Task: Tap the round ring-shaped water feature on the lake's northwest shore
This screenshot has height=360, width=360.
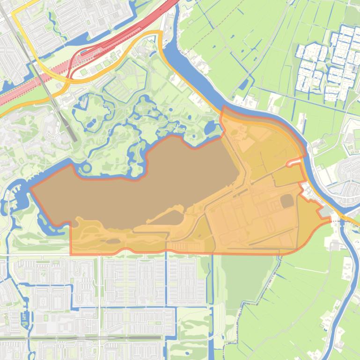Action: [x=86, y=168]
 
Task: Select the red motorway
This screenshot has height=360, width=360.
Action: [x=117, y=42]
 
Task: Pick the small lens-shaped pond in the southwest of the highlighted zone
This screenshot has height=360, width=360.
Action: [x=113, y=241]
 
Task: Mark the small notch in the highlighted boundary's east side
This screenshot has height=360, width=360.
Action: [x=294, y=162]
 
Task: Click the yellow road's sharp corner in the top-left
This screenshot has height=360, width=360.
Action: [x=14, y=14]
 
